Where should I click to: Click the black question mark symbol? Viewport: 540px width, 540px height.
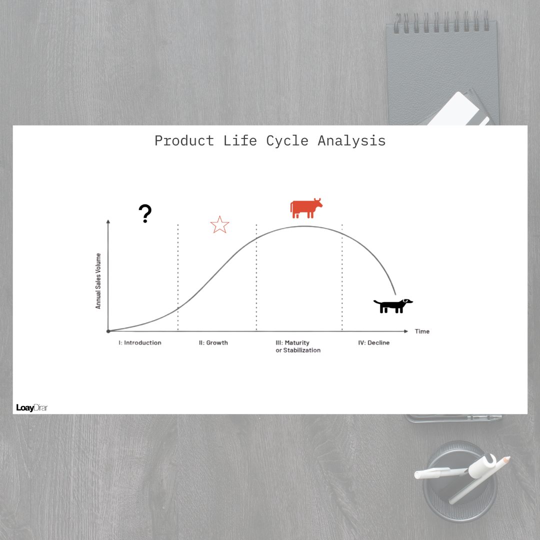tap(145, 213)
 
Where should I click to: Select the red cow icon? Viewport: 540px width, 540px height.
tap(306, 208)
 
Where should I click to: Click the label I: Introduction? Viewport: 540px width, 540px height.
tap(140, 342)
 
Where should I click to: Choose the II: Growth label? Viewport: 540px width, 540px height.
tap(213, 342)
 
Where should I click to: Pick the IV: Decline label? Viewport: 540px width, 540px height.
tap(373, 342)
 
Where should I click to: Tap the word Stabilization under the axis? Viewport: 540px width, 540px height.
tap(301, 350)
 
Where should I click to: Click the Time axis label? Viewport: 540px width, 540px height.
tap(422, 331)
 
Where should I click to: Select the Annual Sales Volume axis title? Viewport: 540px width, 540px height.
tap(98, 281)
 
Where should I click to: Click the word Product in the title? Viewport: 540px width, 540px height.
tap(184, 141)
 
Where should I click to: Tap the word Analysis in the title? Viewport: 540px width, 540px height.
tap(351, 141)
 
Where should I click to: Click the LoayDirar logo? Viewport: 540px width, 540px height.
tap(32, 408)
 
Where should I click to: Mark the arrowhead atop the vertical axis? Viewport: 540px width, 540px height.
tap(108, 221)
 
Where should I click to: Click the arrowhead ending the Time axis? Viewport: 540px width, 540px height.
tap(406, 331)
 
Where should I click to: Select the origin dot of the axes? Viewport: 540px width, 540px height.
tap(108, 331)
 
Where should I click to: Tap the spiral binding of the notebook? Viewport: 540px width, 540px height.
tap(441, 21)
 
